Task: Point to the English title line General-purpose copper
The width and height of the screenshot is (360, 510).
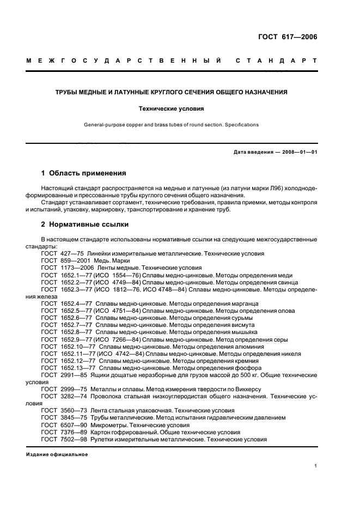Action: (172, 125)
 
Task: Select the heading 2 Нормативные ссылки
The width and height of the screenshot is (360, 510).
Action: (85, 224)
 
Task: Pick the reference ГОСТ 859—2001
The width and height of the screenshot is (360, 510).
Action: (61, 260)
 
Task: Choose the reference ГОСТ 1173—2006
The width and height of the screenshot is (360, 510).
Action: (63, 268)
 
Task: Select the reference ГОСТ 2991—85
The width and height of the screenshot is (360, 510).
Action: (60, 375)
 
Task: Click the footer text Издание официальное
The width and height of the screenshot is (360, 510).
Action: (57, 454)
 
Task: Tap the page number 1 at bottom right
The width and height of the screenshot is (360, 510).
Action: (315, 466)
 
